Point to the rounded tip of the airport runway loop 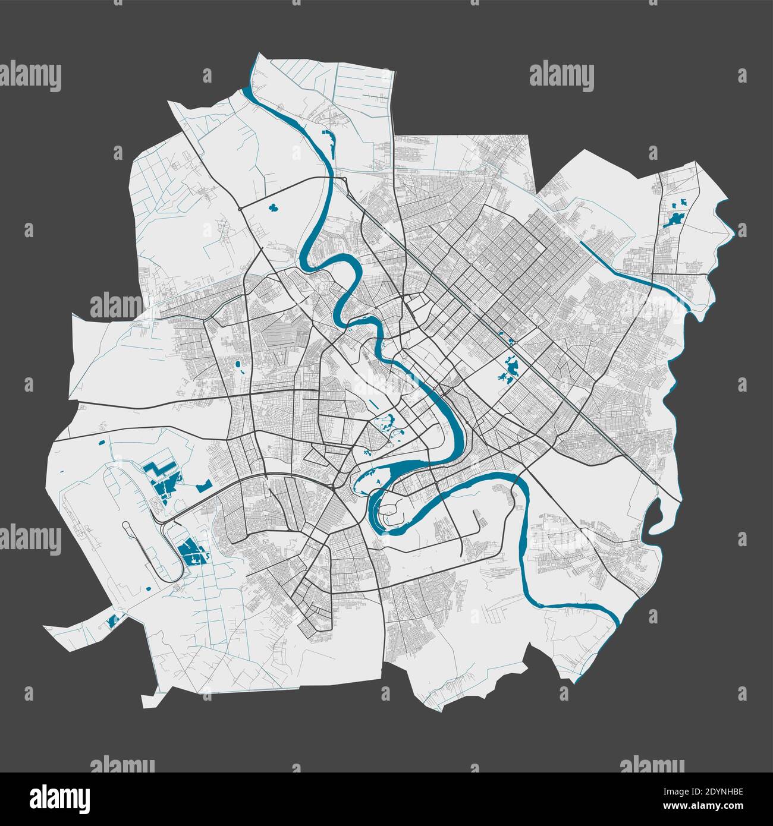pos(126,525)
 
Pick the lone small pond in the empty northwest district pos(274,208)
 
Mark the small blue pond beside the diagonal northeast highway pos(511,341)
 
